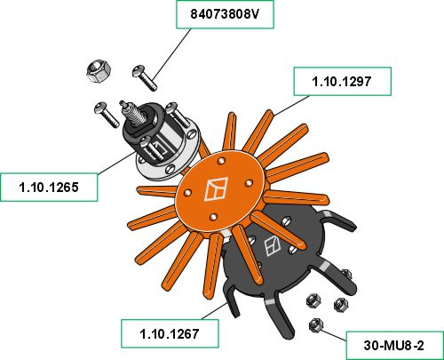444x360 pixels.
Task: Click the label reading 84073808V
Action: (225, 14)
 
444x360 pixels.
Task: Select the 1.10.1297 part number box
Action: (342, 82)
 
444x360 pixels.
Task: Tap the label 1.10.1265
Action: (49, 188)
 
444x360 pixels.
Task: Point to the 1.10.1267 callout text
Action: (170, 334)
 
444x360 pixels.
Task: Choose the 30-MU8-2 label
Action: (394, 346)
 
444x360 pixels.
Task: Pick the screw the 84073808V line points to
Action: (145, 77)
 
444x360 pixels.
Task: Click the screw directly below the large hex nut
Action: (107, 115)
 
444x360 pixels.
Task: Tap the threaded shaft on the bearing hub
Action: (131, 113)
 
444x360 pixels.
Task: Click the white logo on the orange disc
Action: (217, 189)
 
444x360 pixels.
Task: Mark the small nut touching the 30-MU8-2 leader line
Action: (315, 325)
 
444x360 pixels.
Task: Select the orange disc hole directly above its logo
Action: (221, 162)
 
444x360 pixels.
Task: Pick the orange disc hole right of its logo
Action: (249, 183)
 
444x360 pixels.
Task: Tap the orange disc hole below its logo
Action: (213, 217)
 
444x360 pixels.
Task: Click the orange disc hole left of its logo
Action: (187, 193)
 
